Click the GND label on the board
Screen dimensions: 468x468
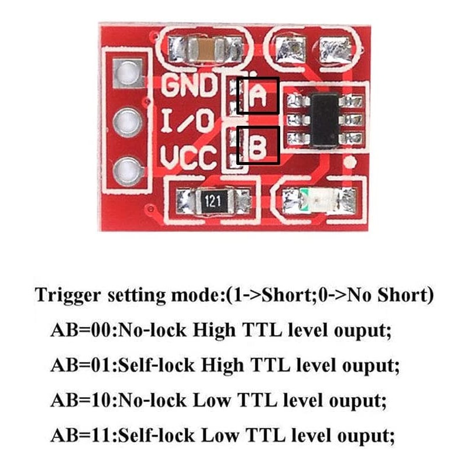pos(188,87)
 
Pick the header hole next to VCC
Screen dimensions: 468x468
pos(127,171)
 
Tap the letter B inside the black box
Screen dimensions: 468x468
pos(258,146)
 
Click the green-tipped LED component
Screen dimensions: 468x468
pos(304,201)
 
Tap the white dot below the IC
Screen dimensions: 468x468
pos(350,161)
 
